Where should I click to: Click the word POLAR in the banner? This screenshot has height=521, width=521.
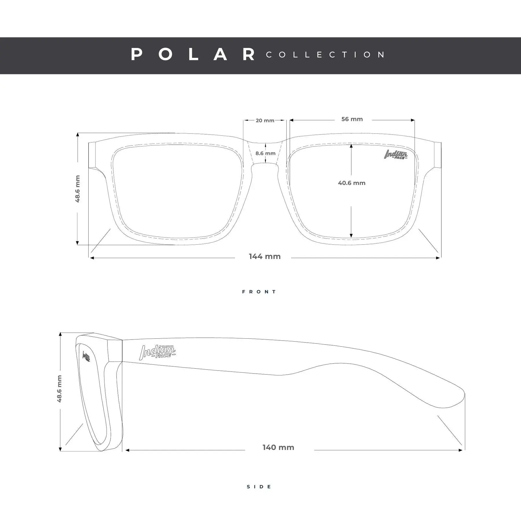[x=193, y=55]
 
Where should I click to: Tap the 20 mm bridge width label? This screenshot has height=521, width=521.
[x=265, y=120]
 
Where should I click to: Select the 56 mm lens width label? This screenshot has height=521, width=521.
[x=352, y=119]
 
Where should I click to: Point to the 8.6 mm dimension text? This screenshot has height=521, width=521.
[x=265, y=153]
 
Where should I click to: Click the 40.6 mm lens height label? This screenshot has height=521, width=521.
[x=352, y=183]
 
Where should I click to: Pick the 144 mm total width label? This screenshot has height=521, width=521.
[x=265, y=256]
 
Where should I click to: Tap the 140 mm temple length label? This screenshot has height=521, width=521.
[x=278, y=447]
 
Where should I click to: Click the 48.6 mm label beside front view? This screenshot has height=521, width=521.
[x=78, y=189]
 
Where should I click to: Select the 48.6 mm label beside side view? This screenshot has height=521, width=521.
[x=59, y=389]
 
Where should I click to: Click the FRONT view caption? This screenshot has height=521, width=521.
[x=259, y=292]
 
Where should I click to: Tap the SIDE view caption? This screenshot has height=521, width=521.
[x=259, y=487]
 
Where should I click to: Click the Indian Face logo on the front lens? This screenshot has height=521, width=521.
[x=396, y=155]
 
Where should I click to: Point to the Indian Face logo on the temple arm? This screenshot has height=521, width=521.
[x=157, y=353]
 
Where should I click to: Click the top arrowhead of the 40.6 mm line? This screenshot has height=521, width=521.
[x=351, y=146]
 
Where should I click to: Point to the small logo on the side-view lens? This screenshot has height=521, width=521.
[x=86, y=356]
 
